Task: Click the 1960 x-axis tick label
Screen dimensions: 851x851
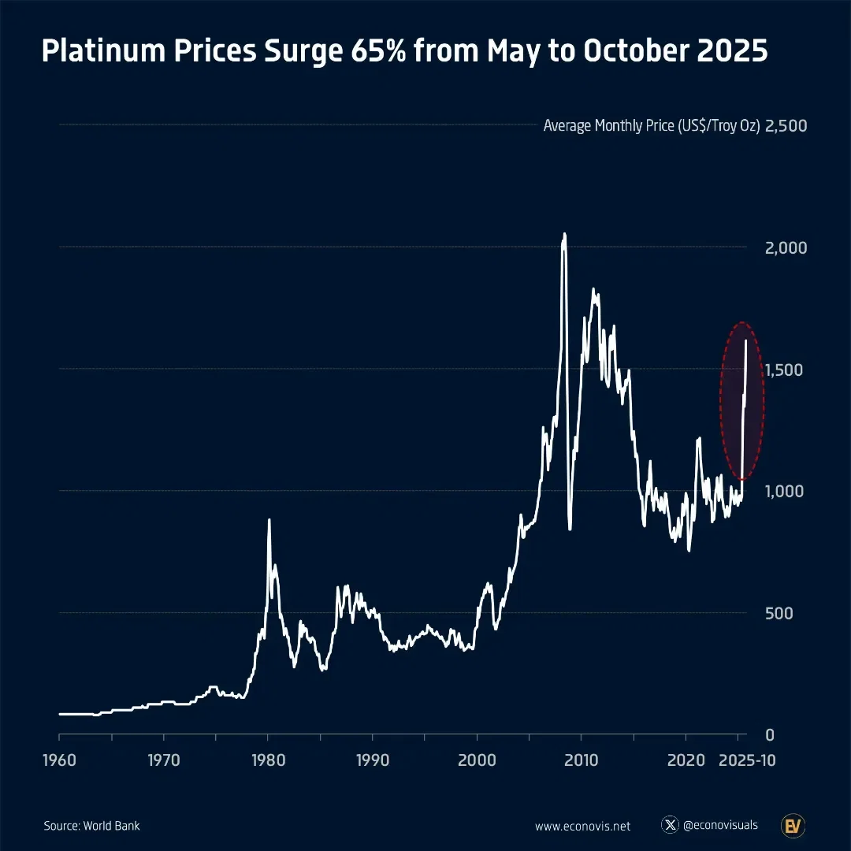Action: coord(59,762)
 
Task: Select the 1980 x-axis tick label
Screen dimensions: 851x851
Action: coord(268,762)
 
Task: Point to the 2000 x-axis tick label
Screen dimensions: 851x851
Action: coord(477,762)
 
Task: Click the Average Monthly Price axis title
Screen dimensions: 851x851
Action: coord(652,126)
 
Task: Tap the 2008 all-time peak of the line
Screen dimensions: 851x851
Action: coord(563,234)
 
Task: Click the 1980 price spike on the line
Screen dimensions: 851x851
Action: coord(269,520)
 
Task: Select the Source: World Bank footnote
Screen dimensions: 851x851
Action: coord(91,826)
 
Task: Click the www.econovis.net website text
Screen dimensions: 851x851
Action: coord(583,826)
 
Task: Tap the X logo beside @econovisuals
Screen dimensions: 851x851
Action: coord(671,825)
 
